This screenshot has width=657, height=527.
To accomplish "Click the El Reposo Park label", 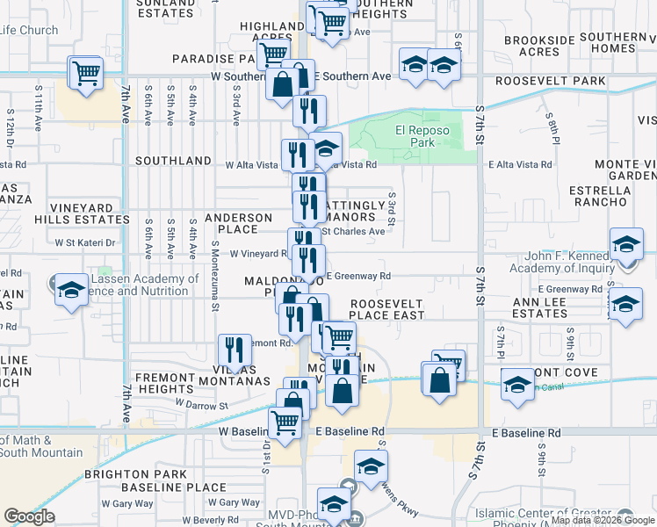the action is pos(422,136).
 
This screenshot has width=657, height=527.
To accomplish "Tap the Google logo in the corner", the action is pos(29,516).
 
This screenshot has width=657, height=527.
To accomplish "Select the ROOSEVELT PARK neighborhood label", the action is pos(551,81).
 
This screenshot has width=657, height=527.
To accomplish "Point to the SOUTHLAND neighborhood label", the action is pos(173,161).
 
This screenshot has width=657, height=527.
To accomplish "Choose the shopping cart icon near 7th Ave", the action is pos(86,72).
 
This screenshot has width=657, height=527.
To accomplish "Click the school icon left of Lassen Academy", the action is pos(69,292).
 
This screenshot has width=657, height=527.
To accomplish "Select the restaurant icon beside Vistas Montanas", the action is pos(233,350).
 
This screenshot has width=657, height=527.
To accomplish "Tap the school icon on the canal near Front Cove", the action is pos(518,384).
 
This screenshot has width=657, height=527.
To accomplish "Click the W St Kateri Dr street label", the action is pos(85,242).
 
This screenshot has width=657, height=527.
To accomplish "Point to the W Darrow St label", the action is pos(201,405).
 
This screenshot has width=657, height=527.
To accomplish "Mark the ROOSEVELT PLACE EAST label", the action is pos(387,308).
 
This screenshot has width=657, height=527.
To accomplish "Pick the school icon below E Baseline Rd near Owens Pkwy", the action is pos(371,466).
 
